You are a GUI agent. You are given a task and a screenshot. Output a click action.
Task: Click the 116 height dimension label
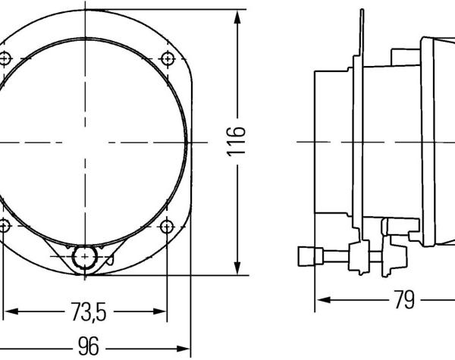pyautogui.click(x=236, y=142)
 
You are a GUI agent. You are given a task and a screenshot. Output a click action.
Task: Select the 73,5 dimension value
pyautogui.click(x=89, y=311)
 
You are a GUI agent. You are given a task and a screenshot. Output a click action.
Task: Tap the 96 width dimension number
pyautogui.click(x=89, y=346)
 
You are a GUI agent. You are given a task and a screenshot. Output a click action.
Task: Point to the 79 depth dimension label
pyautogui.click(x=405, y=299)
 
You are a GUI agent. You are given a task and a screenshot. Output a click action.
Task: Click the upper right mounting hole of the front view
pyautogui.click(x=168, y=59)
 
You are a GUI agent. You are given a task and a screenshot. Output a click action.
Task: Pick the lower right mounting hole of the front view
pyautogui.click(x=167, y=227)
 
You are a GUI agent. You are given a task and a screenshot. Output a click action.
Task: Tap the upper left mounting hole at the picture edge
pyautogui.click(x=4, y=58)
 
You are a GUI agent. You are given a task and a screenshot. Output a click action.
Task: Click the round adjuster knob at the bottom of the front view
pyautogui.click(x=85, y=257)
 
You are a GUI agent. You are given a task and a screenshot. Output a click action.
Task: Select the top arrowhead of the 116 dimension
pyautogui.click(x=237, y=17)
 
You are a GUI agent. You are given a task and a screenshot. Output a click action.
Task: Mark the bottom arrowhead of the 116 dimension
pyautogui.click(x=237, y=268)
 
